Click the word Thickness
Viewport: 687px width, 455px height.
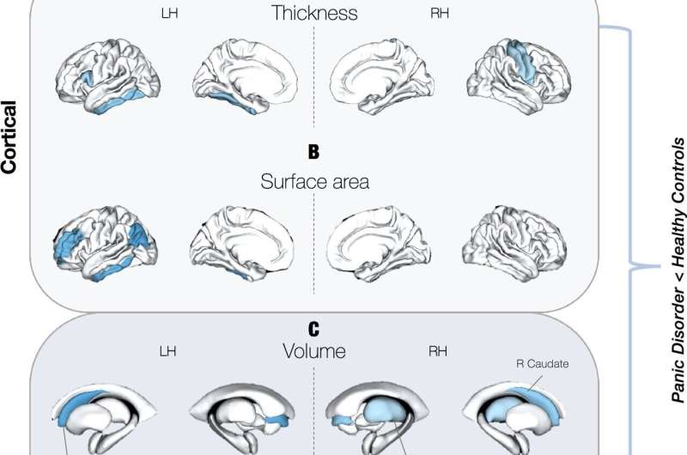tap(314, 13)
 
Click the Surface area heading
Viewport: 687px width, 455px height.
tap(314, 183)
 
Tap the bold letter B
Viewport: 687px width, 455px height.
tap(313, 153)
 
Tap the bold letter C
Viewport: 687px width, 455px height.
tap(313, 327)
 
